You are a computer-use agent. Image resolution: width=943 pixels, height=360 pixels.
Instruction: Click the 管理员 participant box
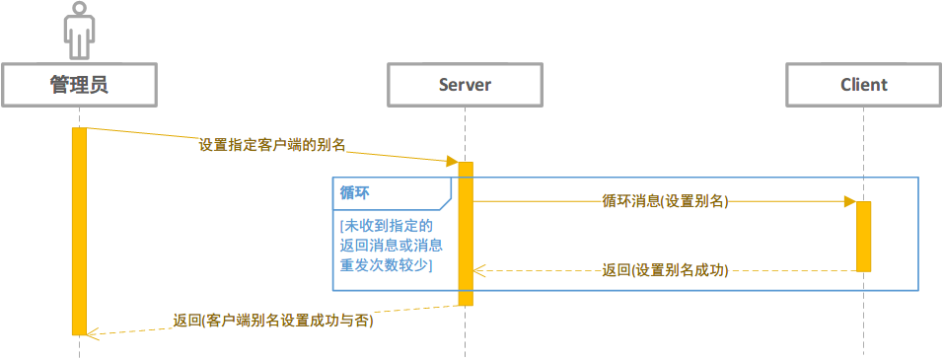79,85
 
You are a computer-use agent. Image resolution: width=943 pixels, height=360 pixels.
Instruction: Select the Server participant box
466,85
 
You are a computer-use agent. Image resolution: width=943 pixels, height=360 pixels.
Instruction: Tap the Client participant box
863,85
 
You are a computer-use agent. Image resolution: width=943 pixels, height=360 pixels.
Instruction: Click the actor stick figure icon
79,31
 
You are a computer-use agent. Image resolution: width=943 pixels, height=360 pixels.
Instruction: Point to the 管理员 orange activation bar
79,231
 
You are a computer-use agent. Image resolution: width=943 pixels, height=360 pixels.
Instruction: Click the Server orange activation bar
466,234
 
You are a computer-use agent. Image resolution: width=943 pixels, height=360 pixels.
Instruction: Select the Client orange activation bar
863,236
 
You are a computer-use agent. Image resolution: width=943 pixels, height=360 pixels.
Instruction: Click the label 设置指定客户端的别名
272,145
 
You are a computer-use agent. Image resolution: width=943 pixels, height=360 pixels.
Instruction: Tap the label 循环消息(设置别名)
665,201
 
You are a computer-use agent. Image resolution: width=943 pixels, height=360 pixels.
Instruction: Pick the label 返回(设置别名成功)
665,270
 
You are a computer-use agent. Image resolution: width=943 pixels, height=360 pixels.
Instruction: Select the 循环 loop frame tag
357,192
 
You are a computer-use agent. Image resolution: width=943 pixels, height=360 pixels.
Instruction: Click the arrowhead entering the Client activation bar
849,201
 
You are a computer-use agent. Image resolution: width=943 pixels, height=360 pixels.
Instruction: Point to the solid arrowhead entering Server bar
452,161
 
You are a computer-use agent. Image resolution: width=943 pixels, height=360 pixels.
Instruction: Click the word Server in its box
466,85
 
